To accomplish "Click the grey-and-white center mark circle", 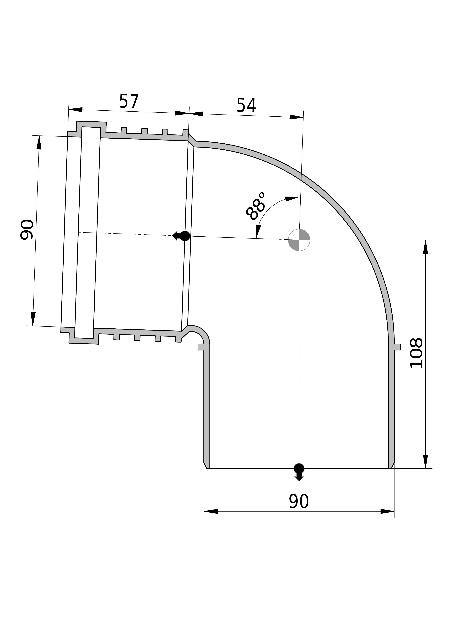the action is point(299,240).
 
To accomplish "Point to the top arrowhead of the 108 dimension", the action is point(425,247).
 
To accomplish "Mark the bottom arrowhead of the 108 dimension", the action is point(425,462).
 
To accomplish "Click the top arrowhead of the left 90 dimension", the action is point(39,142).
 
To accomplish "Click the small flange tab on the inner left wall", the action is point(201,347).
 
